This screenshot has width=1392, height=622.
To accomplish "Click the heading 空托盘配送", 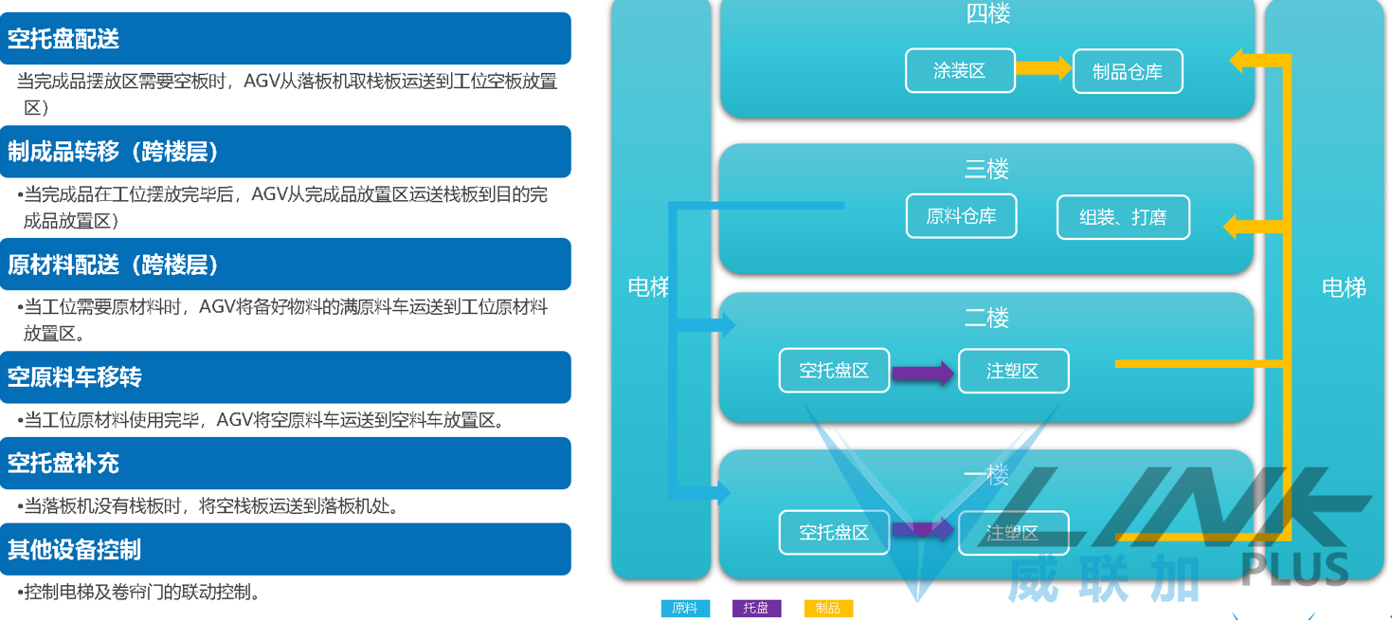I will pyautogui.click(x=64, y=39).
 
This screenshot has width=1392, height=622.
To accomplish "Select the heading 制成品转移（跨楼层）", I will pyautogui.click(x=114, y=152).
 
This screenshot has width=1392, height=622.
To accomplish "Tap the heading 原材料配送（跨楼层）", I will pyautogui.click(x=114, y=265).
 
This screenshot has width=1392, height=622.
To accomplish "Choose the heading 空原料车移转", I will pyautogui.click(x=76, y=377).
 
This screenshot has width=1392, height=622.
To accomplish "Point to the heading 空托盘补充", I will pyautogui.click(x=64, y=463).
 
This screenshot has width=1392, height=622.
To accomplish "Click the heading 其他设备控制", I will pyautogui.click(x=75, y=549).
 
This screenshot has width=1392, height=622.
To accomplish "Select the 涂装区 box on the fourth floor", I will pyautogui.click(x=960, y=71).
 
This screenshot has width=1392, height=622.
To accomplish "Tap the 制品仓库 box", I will pyautogui.click(x=1128, y=72).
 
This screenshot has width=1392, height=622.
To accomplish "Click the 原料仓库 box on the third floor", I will pyautogui.click(x=962, y=216).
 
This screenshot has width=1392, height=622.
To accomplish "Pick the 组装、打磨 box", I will pyautogui.click(x=1123, y=217).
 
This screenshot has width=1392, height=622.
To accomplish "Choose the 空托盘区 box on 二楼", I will pyautogui.click(x=834, y=371).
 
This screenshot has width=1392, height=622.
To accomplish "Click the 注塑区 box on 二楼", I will pyautogui.click(x=1013, y=372).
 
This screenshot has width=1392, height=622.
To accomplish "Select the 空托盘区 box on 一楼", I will pyautogui.click(x=834, y=533).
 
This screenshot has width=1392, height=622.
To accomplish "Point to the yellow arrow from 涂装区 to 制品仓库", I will pyautogui.click(x=1043, y=68).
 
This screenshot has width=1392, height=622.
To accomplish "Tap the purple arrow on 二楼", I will pyautogui.click(x=923, y=373).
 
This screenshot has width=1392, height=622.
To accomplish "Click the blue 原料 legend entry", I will pyautogui.click(x=685, y=609).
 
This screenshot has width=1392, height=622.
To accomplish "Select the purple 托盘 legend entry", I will pyautogui.click(x=756, y=609).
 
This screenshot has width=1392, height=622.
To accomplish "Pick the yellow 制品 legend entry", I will pyautogui.click(x=828, y=609).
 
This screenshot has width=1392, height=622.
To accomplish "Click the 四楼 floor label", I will pyautogui.click(x=987, y=13).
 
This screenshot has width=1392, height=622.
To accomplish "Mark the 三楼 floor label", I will pyautogui.click(x=986, y=169).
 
